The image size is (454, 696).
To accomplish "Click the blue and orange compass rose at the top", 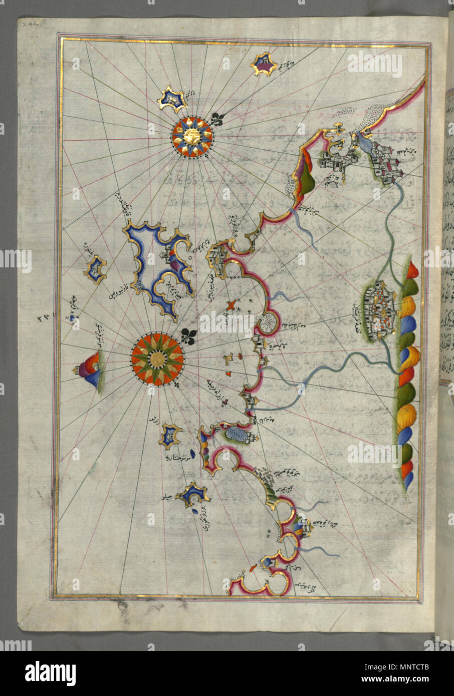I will [192, 136].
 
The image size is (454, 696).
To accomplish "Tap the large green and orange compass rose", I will [157, 359].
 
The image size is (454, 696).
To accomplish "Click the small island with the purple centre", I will [264, 64].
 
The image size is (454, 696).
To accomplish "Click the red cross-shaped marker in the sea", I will [231, 304].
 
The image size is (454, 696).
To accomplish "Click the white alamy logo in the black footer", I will [50, 673].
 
